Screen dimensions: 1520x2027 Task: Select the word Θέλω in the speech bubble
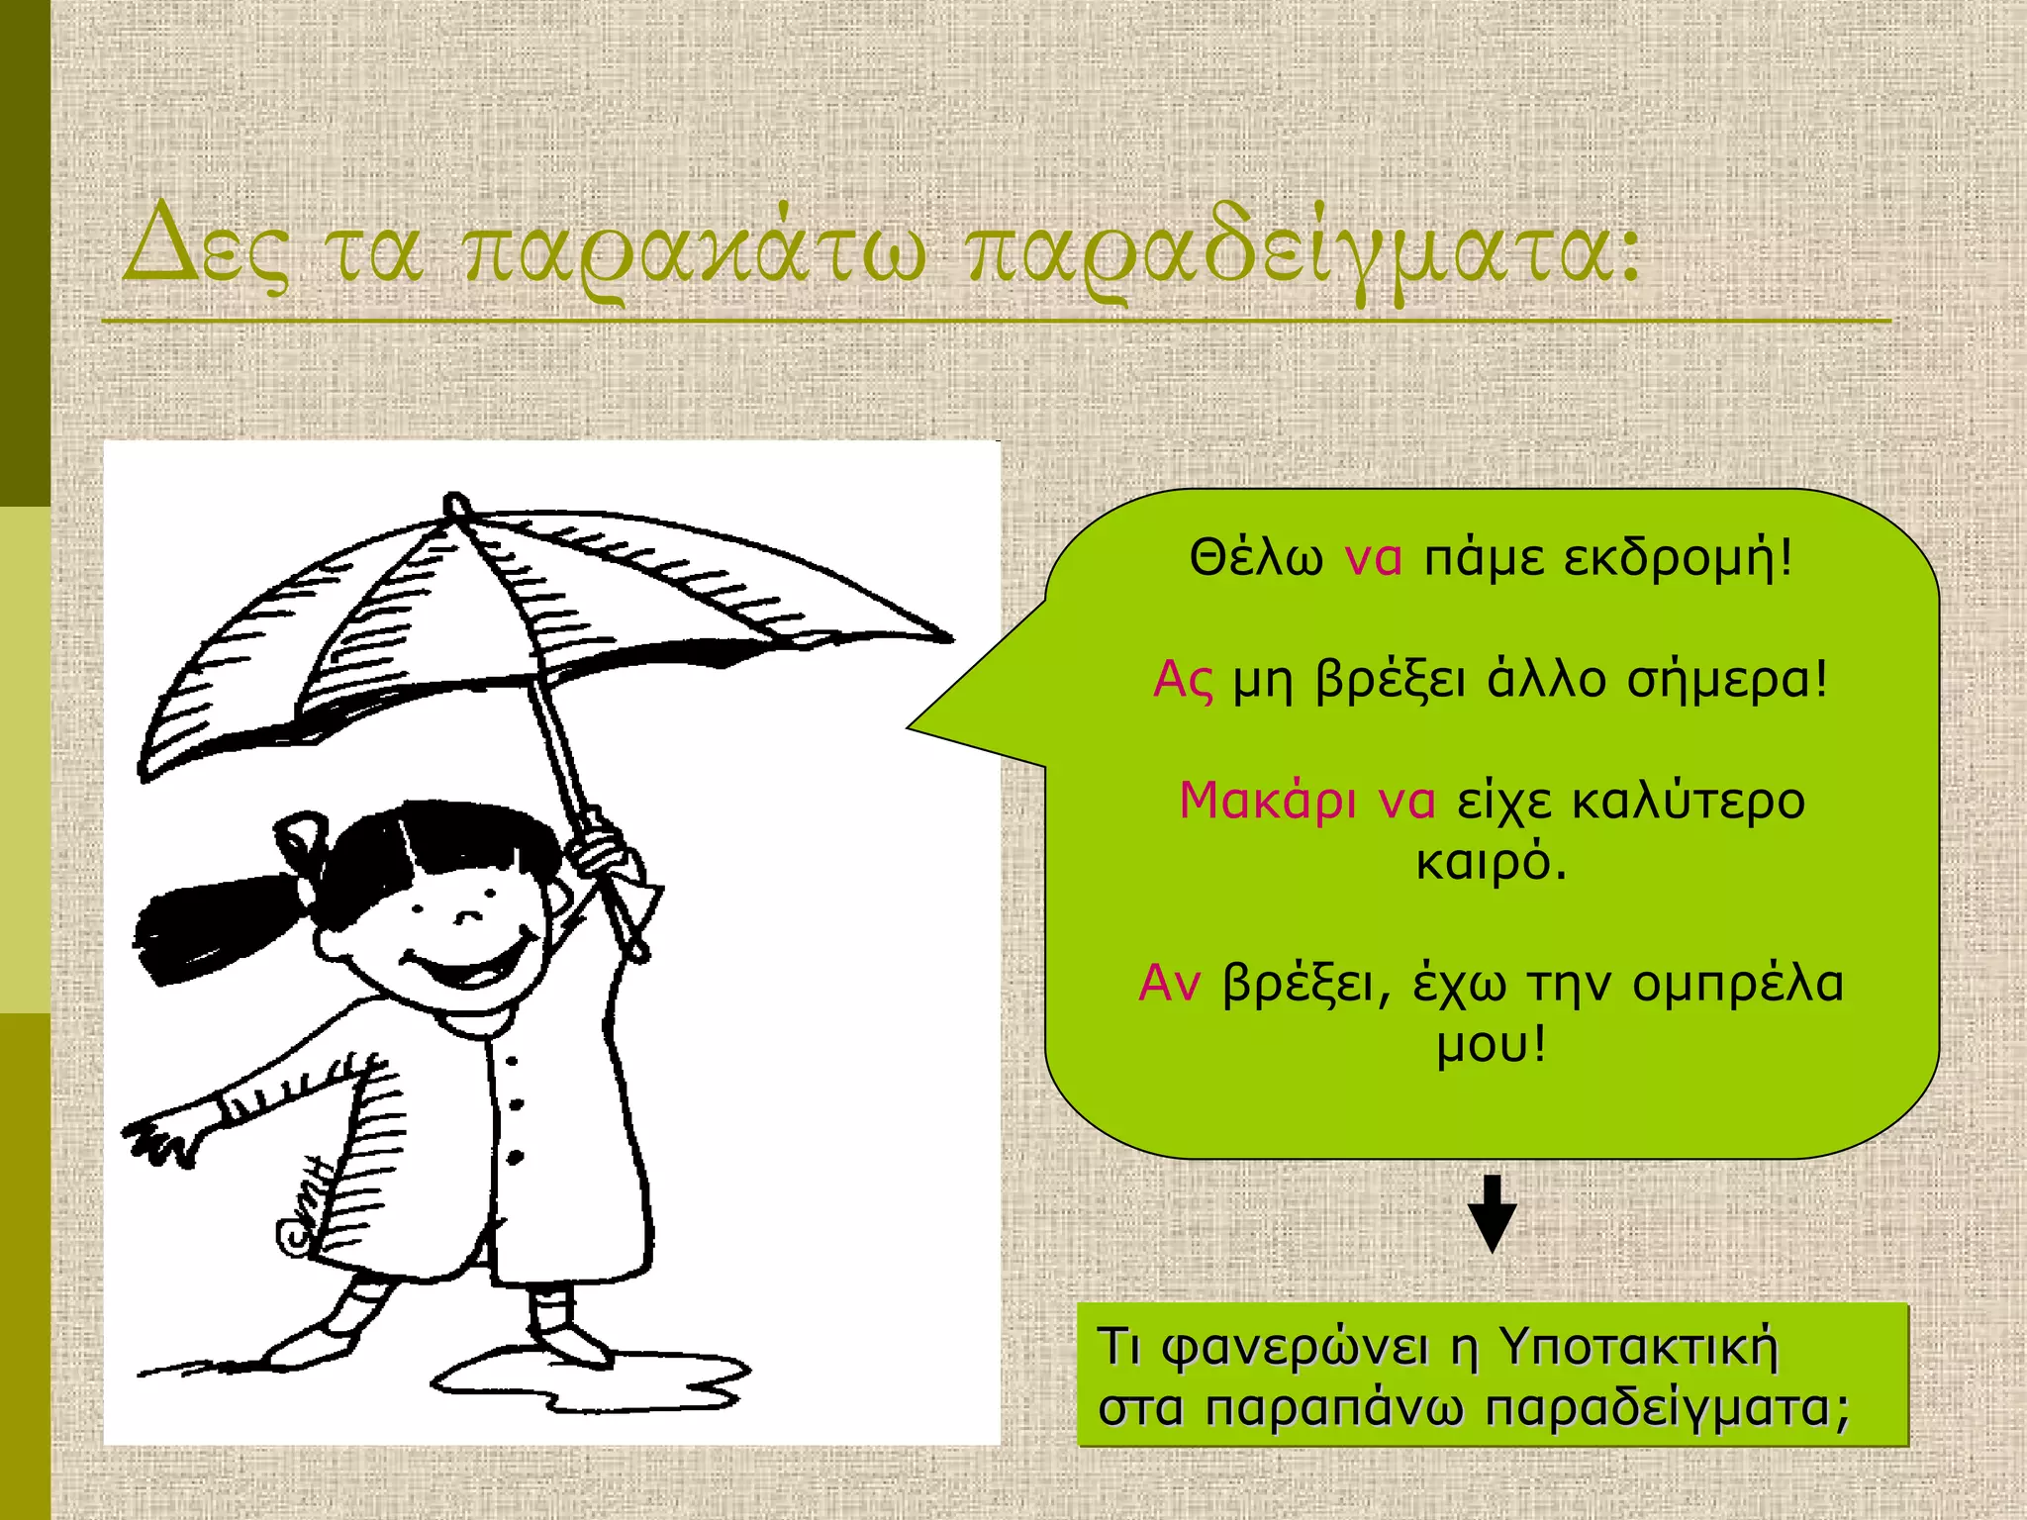click(x=1255, y=557)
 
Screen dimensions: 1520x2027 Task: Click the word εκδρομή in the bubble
click(x=1678, y=557)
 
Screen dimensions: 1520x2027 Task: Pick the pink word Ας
click(x=1183, y=681)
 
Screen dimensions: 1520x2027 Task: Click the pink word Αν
click(x=1169, y=984)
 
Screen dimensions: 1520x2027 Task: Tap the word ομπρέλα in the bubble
click(x=1737, y=984)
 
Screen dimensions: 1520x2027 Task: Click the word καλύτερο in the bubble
click(x=1689, y=801)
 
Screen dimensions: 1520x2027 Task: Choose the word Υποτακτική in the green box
click(x=1638, y=1347)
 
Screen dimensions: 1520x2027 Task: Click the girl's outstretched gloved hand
click(x=163, y=1138)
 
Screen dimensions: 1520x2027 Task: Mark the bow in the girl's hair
click(x=302, y=841)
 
